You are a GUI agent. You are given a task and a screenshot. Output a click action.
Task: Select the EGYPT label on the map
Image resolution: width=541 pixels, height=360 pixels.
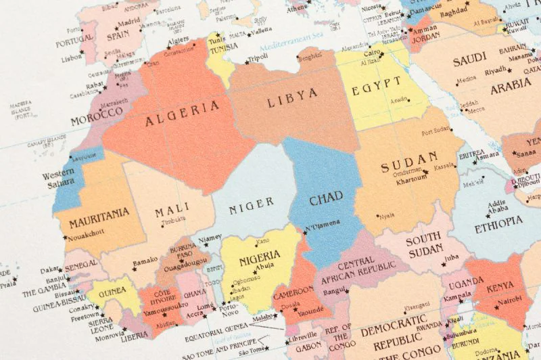[375, 86]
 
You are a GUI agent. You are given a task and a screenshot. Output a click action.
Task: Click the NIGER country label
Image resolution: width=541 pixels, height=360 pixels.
[252, 202]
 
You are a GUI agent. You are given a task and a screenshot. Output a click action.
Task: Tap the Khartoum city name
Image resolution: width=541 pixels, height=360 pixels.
[410, 181]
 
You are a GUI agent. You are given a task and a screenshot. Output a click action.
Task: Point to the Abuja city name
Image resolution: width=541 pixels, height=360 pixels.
[266, 266]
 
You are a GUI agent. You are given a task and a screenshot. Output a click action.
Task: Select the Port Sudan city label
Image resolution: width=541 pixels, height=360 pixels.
[437, 131]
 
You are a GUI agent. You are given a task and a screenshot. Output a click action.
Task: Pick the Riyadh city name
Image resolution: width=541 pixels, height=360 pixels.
[495, 70]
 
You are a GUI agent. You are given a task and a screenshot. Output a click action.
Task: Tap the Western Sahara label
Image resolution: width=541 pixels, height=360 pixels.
[59, 180]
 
